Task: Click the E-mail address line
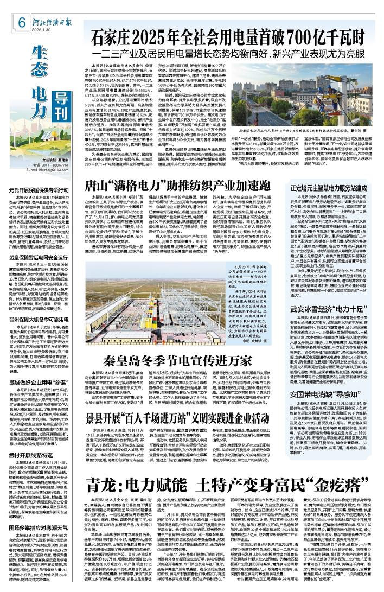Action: tap(53, 170)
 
